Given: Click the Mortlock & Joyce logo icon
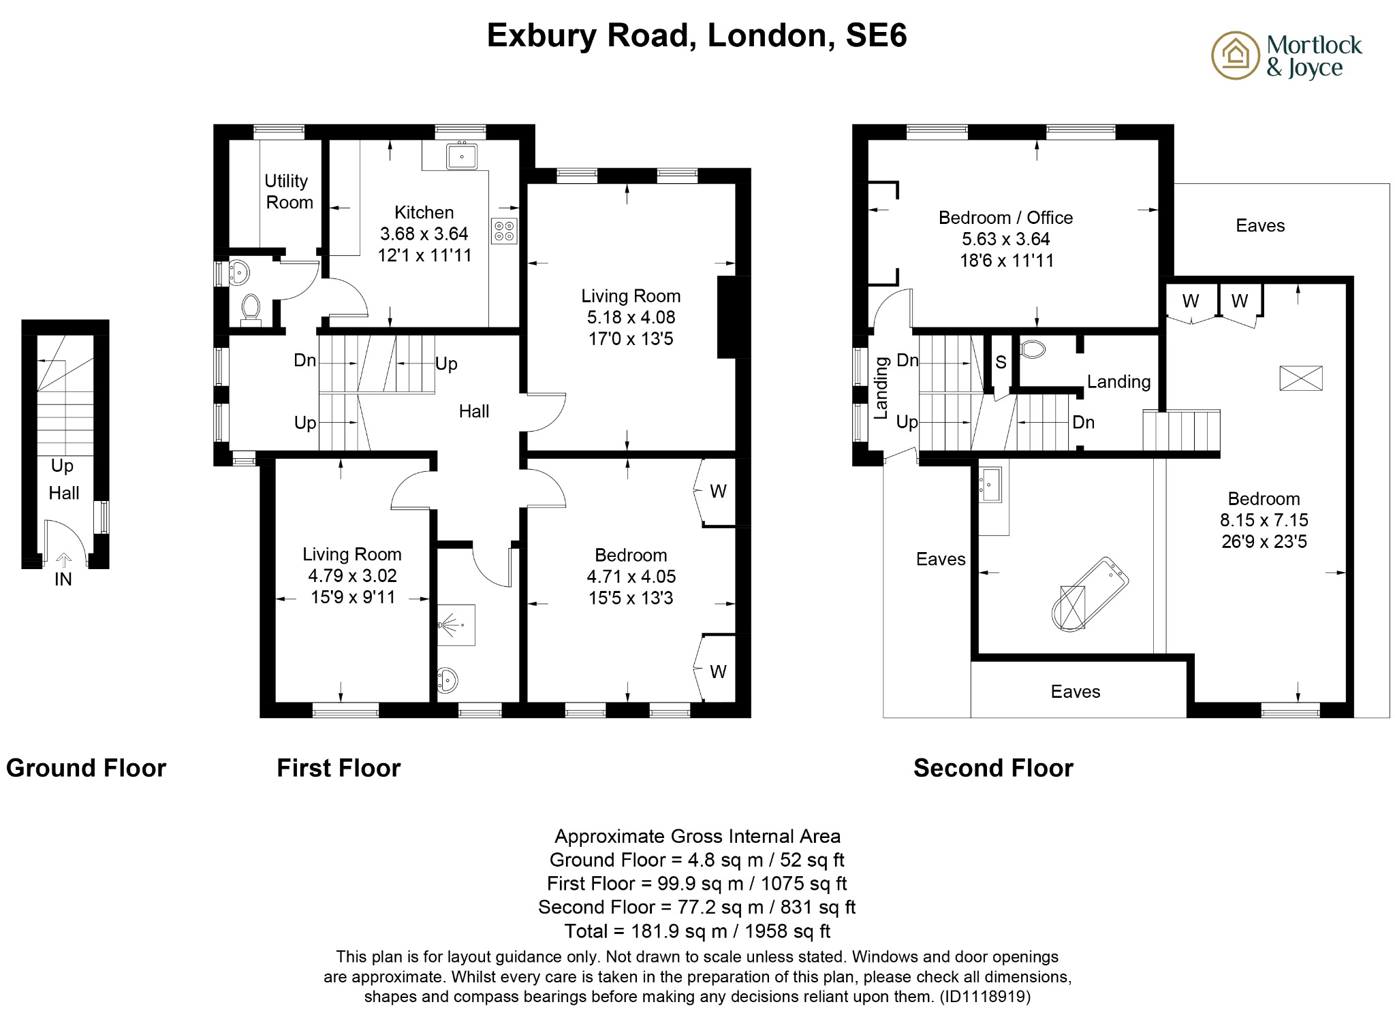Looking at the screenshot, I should pyautogui.click(x=1235, y=55).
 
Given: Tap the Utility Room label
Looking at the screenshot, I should pyautogui.click(x=288, y=191).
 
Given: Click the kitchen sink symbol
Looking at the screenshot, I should pyautogui.click(x=462, y=156).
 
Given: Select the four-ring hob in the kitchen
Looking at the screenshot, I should pyautogui.click(x=504, y=231).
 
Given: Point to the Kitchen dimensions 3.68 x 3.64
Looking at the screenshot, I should pyautogui.click(x=424, y=234).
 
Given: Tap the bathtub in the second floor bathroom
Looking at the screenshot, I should pyautogui.click(x=1091, y=594).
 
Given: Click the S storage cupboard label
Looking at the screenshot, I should pyautogui.click(x=1000, y=362).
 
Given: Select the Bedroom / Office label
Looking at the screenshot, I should pyautogui.click(x=1005, y=218).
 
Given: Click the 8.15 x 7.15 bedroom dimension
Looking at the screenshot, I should pyautogui.click(x=1264, y=520).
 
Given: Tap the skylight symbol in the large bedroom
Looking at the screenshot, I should pyautogui.click(x=1300, y=378).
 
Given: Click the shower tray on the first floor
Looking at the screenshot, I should pyautogui.click(x=455, y=624).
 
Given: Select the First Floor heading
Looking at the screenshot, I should pyautogui.click(x=339, y=768).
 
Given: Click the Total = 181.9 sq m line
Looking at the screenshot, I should pyautogui.click(x=697, y=931).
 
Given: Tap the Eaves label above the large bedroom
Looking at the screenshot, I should pyautogui.click(x=1259, y=225).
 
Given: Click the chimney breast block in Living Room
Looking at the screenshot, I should pyautogui.click(x=733, y=317).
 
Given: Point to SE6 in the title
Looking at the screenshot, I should pyautogui.click(x=876, y=35).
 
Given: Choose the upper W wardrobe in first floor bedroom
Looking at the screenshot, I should pyautogui.click(x=718, y=491).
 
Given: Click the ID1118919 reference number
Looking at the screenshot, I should pyautogui.click(x=984, y=997).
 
